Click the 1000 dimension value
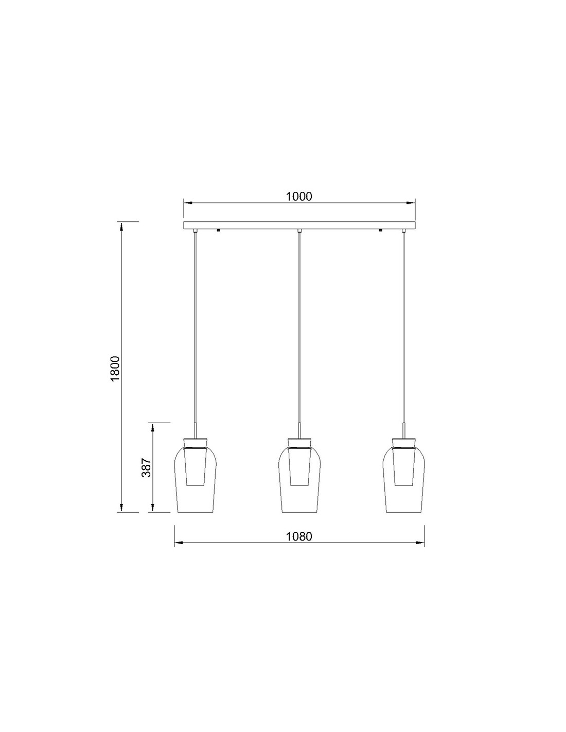(298, 197)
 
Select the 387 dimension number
(146, 467)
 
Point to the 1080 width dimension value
(299, 536)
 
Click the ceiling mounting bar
(299, 225)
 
